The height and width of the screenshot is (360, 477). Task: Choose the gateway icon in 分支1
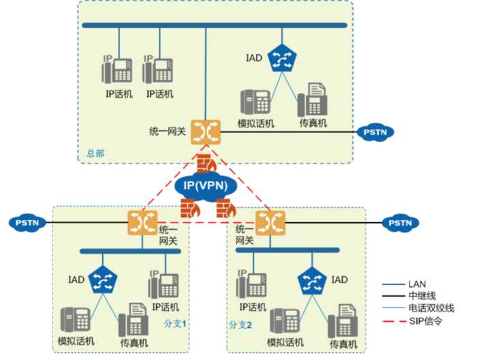(x=142, y=222)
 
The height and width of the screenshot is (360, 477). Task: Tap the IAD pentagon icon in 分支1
(x=104, y=279)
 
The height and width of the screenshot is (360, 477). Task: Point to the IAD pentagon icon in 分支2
(x=313, y=279)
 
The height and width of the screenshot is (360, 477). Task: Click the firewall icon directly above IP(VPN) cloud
(x=205, y=164)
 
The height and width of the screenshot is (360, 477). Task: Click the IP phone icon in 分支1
(x=164, y=285)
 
